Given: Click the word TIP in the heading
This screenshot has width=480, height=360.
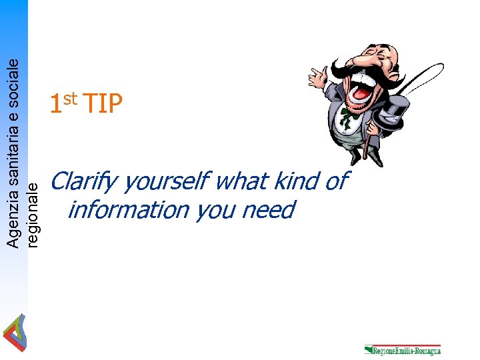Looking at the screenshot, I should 103,104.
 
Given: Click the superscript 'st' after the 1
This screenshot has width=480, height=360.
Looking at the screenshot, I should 72,99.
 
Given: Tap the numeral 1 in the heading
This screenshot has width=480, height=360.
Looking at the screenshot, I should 56,105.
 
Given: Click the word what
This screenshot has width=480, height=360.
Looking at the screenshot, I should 241,181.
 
